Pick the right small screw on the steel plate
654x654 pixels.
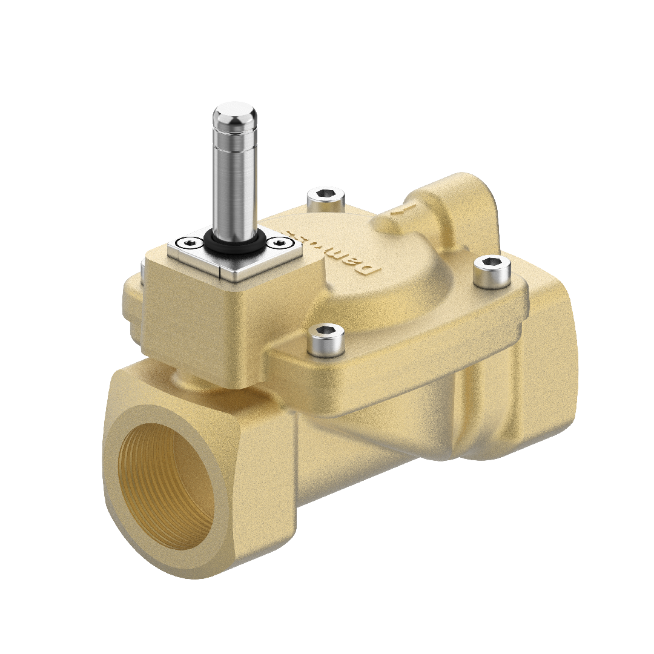[279, 243]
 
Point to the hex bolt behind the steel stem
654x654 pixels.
[326, 197]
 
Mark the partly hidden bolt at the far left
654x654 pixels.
[140, 269]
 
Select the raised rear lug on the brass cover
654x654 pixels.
[460, 200]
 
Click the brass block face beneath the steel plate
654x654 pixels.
[194, 327]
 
